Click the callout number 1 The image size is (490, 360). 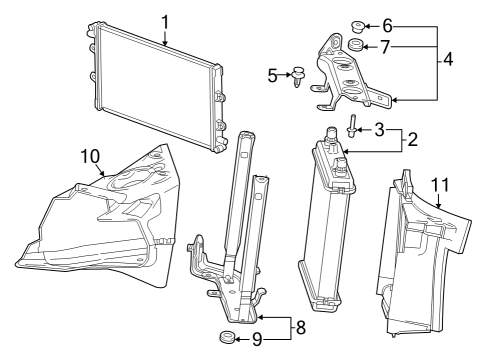pos(165,20)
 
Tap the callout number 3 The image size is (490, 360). pos(379,130)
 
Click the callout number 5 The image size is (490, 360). pos(271,74)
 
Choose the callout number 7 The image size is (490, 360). pos(387,47)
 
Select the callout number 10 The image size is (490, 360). pos(91,156)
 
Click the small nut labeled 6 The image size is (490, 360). pos(358,25)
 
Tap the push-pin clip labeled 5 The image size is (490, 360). pos(296,75)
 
